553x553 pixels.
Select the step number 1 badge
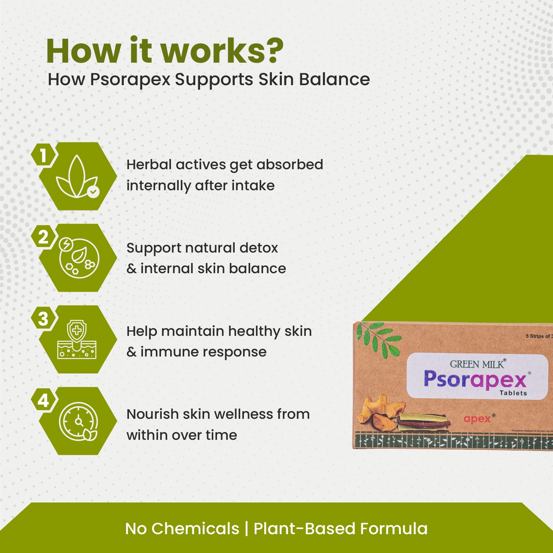point(43,155)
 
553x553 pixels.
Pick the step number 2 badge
point(43,237)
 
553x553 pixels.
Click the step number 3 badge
point(43,319)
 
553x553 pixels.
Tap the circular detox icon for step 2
point(79,258)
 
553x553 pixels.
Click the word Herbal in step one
point(148,165)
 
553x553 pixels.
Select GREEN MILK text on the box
point(477,364)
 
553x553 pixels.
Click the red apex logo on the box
point(477,419)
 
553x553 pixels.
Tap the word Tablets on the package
point(513,393)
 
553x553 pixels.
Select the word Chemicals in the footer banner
point(195,529)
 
